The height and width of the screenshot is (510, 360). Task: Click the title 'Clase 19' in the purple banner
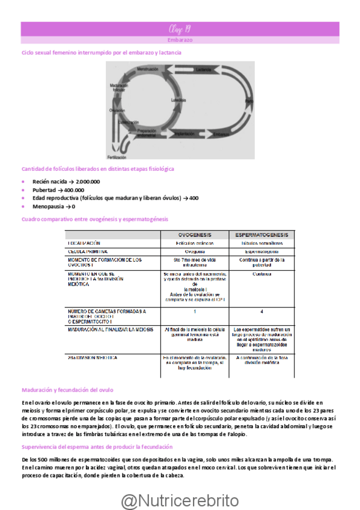pyautogui.click(x=180, y=29)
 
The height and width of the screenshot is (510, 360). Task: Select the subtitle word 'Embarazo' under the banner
pyautogui.click(x=180, y=40)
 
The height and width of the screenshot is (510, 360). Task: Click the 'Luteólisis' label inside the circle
pyautogui.click(x=177, y=100)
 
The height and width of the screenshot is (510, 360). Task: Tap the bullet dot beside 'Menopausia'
pyautogui.click(x=23, y=206)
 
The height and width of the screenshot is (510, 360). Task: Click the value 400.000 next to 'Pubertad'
pyautogui.click(x=71, y=190)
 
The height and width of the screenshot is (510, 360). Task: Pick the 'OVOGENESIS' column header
pyautogui.click(x=194, y=235)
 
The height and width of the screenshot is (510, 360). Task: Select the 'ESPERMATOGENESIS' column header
pyautogui.click(x=261, y=235)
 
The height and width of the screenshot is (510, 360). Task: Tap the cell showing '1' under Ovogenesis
pyautogui.click(x=194, y=312)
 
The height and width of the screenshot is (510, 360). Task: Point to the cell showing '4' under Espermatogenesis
pyautogui.click(x=261, y=312)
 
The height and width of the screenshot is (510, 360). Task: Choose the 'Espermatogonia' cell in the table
pyautogui.click(x=261, y=251)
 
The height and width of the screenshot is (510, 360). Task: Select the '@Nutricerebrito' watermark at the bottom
pyautogui.click(x=180, y=500)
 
